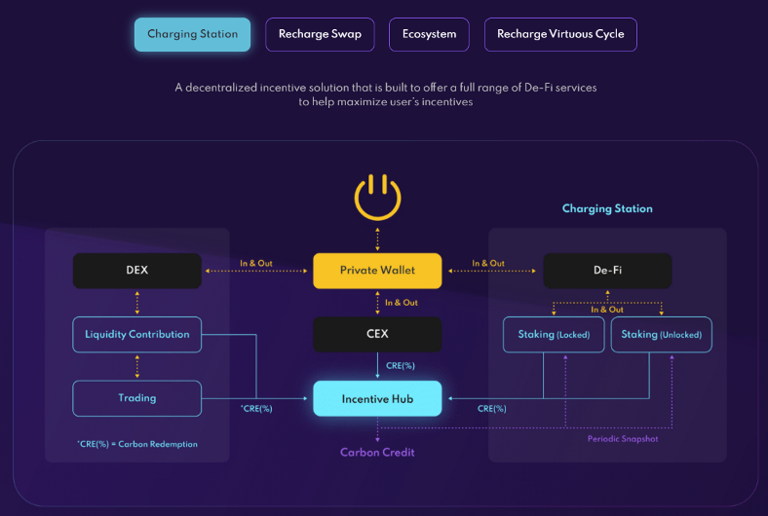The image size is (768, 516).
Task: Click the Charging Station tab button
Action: [192, 35]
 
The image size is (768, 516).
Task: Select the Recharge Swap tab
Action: [320, 35]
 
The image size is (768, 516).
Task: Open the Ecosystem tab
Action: [429, 35]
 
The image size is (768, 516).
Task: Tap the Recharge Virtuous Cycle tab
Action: [560, 35]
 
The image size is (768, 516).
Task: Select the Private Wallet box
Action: [377, 271]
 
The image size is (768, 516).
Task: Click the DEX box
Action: [137, 271]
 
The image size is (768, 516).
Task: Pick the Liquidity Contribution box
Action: [137, 335]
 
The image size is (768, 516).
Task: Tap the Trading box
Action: [137, 398]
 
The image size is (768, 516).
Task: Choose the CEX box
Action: [377, 335]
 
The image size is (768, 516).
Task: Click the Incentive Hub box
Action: [377, 398]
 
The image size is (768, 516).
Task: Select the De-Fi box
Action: [607, 271]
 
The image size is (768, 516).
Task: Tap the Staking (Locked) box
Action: [554, 335]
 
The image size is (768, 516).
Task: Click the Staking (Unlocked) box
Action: [662, 335]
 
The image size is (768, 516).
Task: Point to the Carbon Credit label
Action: [377, 453]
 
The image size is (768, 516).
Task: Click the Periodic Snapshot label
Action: [623, 439]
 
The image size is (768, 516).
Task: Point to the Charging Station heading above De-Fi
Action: [607, 209]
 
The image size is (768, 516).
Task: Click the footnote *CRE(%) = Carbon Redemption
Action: [137, 445]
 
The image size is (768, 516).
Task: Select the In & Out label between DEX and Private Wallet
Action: [256, 263]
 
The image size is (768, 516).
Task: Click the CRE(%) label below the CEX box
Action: [401, 366]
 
